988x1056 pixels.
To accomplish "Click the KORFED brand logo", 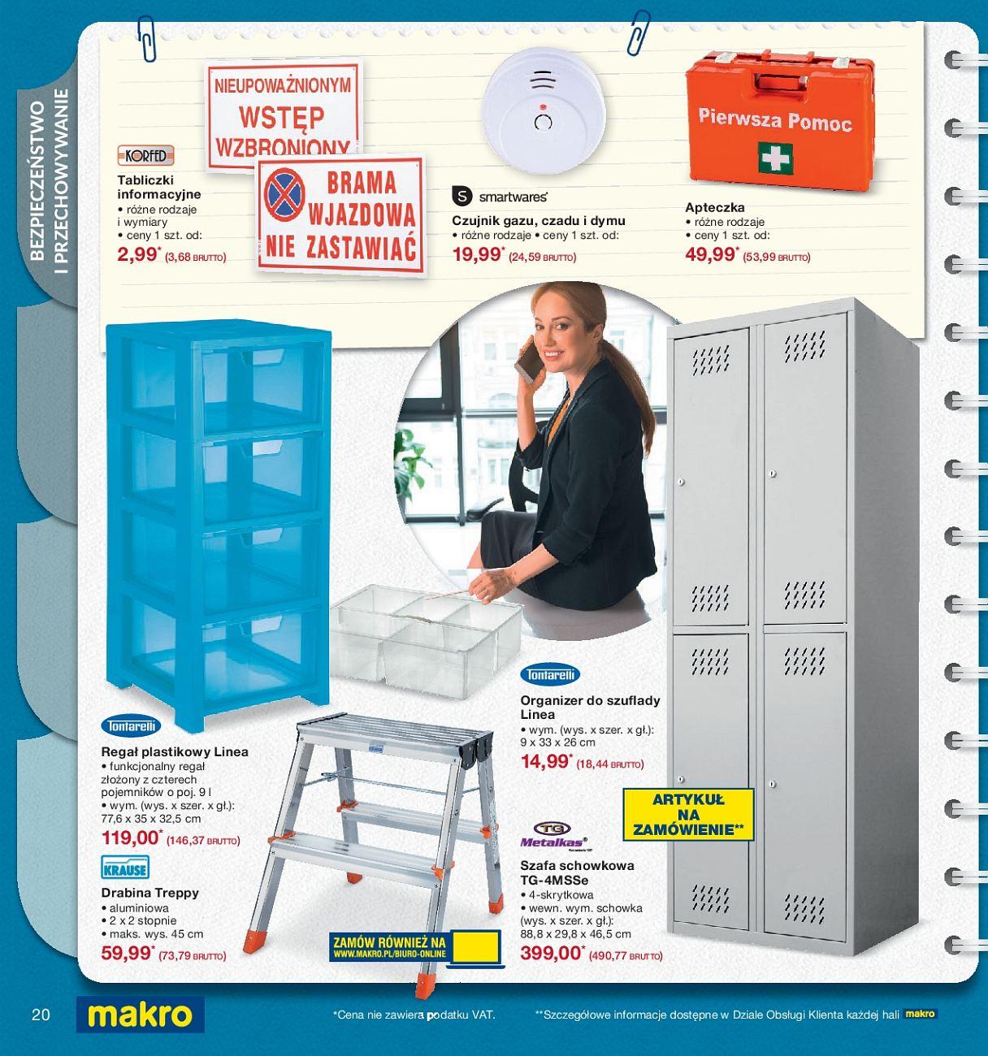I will click(145, 155).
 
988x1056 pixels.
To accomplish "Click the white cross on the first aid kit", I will click(775, 157).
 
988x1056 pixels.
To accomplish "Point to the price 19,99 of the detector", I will click(476, 255).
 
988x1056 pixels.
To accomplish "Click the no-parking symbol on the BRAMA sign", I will click(284, 198).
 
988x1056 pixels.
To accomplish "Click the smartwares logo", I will click(499, 197).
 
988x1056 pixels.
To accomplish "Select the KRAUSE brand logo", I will click(125, 868).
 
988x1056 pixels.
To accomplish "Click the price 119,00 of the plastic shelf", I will click(130, 839).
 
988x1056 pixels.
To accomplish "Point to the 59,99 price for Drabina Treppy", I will click(127, 954).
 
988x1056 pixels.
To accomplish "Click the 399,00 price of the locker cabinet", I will click(550, 954).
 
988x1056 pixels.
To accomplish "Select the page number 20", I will click(41, 1015).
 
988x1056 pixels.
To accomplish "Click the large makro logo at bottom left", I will click(140, 1015).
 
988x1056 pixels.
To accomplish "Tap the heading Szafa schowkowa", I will click(577, 866).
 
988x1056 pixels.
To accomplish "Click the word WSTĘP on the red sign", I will click(281, 116).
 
